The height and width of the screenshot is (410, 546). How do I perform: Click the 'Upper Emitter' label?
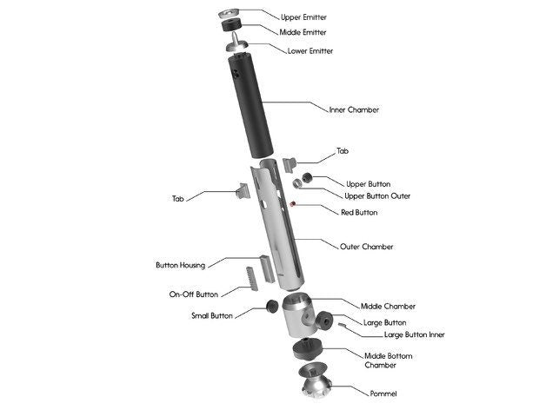pos(304,17)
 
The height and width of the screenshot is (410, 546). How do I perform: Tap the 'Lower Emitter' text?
pos(310,50)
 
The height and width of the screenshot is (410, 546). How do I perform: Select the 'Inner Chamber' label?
pos(354,110)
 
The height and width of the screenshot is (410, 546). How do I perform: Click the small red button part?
pos(295,204)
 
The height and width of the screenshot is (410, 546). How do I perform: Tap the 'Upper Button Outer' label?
pos(377,196)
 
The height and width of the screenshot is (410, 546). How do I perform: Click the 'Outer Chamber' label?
pos(366,247)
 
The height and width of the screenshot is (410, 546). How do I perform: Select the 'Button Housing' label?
pos(180,265)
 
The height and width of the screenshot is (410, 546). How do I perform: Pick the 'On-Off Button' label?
pos(193,294)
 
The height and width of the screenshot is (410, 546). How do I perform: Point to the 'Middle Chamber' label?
pos(388,306)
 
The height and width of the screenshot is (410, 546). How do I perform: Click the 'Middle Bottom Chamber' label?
pos(388,359)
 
